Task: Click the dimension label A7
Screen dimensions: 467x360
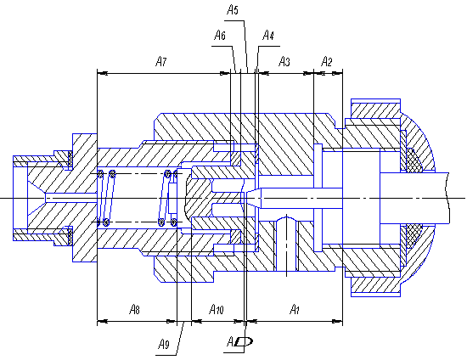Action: click(x=161, y=62)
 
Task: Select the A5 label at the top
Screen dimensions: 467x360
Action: click(x=233, y=10)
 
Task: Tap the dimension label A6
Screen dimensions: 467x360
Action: click(x=220, y=36)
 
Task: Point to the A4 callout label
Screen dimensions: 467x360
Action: click(x=268, y=36)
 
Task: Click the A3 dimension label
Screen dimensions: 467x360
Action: click(x=284, y=62)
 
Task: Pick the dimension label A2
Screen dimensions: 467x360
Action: click(x=326, y=62)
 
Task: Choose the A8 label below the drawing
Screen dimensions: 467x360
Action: click(x=134, y=310)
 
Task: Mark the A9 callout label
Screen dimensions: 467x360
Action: click(x=164, y=344)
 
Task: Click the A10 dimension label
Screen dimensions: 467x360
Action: click(x=217, y=310)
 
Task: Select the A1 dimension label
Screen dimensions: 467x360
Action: click(x=295, y=310)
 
